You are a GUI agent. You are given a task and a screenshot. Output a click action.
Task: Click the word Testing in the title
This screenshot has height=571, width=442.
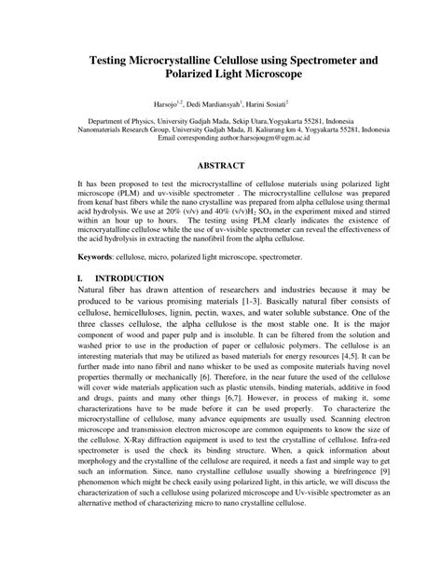coord(115,59)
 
